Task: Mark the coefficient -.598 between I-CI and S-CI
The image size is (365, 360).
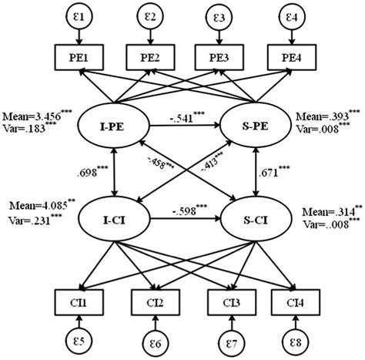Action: coord(187,210)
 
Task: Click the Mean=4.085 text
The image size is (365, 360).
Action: coord(34,207)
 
